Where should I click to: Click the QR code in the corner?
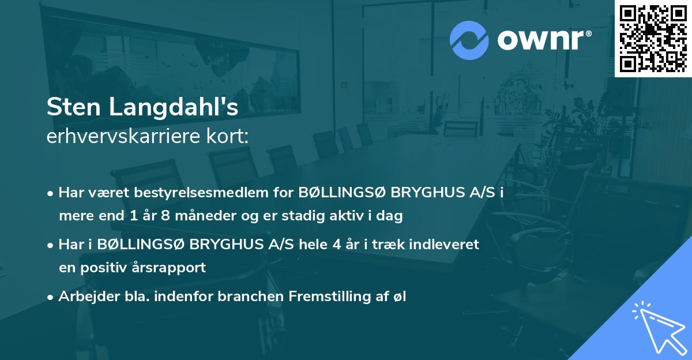tap(653, 38)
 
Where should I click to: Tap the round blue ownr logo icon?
tap(469, 40)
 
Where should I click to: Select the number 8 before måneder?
tap(163, 216)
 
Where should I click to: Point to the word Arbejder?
tap(84, 297)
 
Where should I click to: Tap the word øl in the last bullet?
tap(400, 297)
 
